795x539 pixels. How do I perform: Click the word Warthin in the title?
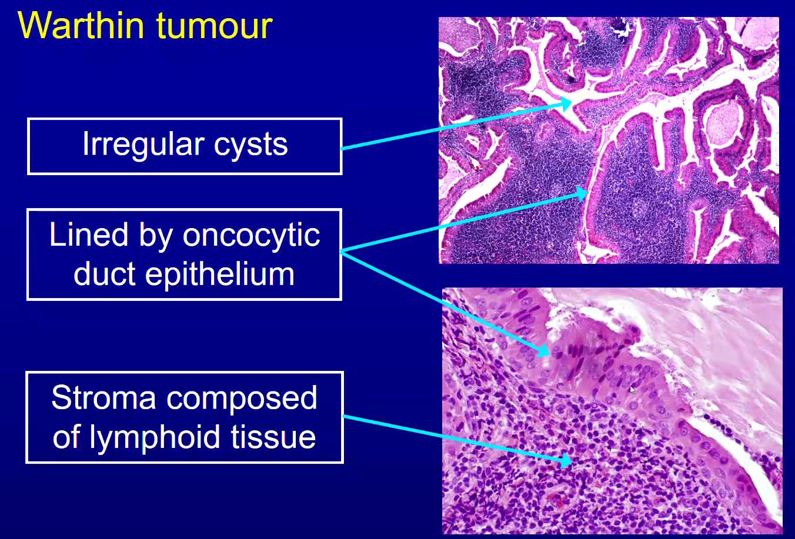tap(81, 25)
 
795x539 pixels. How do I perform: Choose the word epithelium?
tap(220, 274)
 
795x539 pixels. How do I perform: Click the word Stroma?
tap(103, 397)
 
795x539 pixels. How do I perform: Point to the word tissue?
tap(273, 437)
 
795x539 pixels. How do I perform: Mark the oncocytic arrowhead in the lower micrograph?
tap(544, 350)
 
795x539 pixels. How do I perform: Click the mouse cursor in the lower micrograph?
tap(633, 390)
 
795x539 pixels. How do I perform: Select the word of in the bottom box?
tap(68, 437)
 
